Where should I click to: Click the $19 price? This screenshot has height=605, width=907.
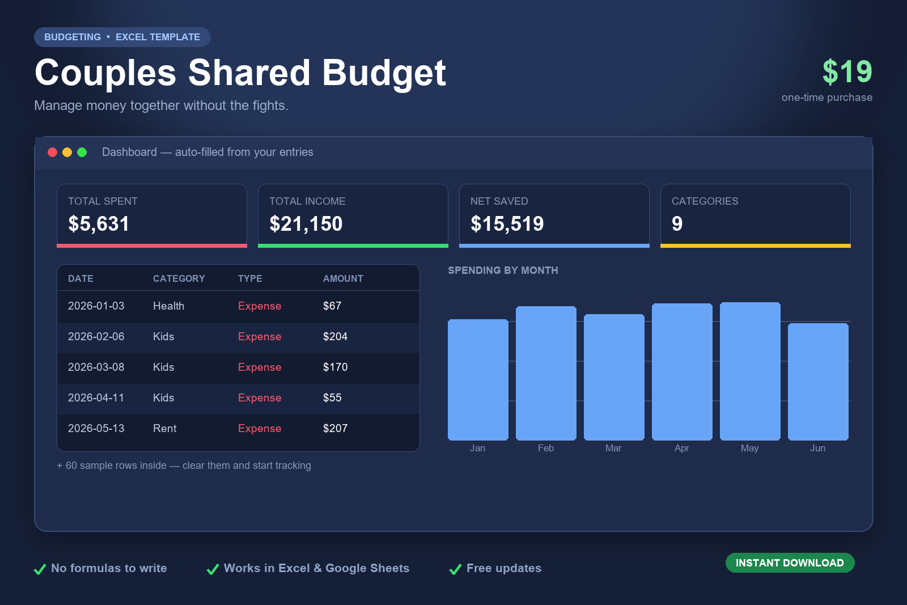click(847, 71)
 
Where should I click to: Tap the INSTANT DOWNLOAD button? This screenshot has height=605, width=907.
click(790, 563)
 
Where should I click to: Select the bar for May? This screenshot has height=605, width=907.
click(750, 371)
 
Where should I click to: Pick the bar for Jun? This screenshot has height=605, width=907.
click(818, 382)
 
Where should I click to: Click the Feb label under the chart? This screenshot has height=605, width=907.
click(545, 449)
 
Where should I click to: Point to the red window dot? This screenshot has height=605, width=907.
click(52, 153)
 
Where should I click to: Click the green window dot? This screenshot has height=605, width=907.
click(82, 153)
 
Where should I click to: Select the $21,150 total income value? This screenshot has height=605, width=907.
click(306, 223)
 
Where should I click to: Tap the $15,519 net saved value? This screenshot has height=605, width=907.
click(507, 223)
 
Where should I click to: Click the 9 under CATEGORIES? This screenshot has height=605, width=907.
click(677, 223)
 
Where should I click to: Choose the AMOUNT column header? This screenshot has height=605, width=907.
click(343, 278)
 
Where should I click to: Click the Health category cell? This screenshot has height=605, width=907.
click(168, 306)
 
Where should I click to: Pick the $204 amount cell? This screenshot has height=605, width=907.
click(335, 336)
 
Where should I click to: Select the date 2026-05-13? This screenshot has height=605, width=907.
click(96, 429)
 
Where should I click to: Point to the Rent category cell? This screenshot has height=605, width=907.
click(164, 429)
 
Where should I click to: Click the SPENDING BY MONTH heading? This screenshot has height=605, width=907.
click(503, 270)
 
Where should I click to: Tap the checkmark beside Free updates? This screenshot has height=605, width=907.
click(456, 569)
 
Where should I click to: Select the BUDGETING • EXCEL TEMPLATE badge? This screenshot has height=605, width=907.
click(122, 37)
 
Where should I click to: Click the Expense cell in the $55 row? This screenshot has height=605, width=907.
click(260, 398)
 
